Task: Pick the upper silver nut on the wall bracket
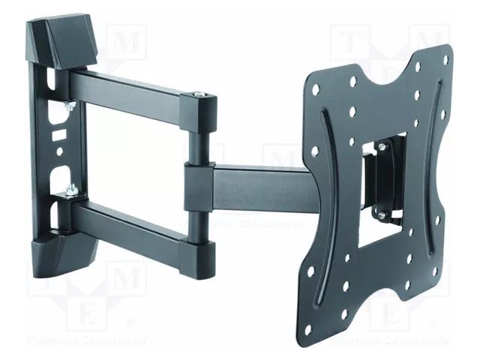tap(69, 106)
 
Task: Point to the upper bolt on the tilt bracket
tap(381, 148)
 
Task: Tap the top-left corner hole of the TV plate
tap(316, 89)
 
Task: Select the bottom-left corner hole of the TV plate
tap(309, 271)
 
